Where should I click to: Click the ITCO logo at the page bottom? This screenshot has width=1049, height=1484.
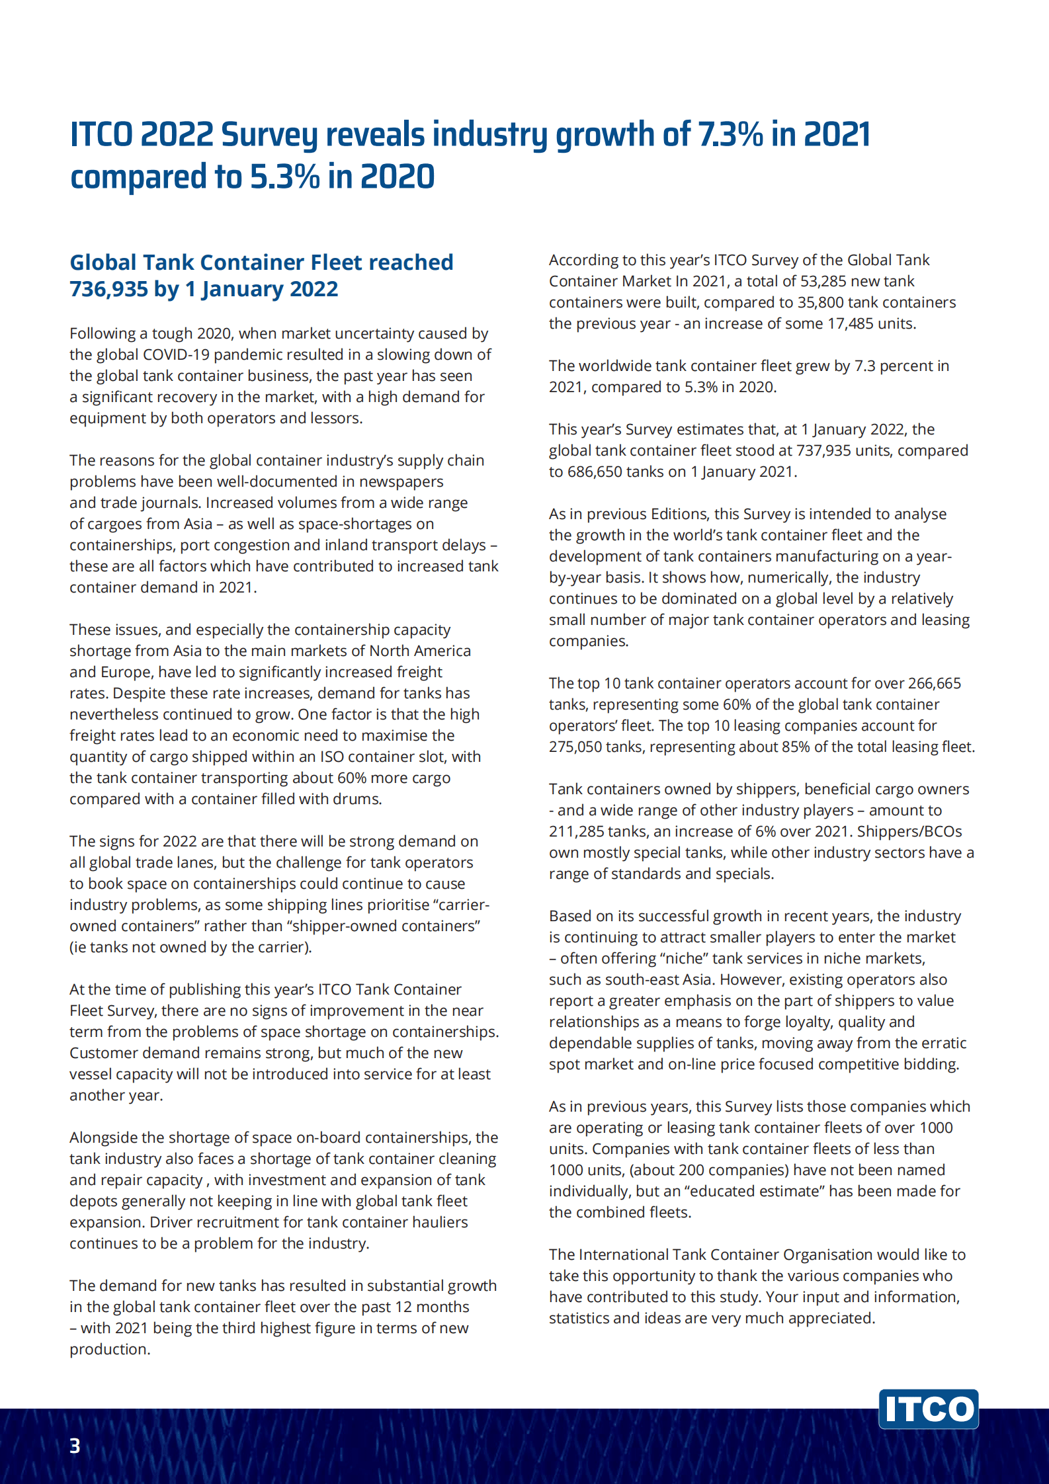tap(928, 1409)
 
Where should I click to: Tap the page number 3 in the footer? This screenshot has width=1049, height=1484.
tap(75, 1446)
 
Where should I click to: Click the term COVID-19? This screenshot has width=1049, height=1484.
tap(176, 354)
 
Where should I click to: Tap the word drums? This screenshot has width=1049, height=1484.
tap(358, 799)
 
